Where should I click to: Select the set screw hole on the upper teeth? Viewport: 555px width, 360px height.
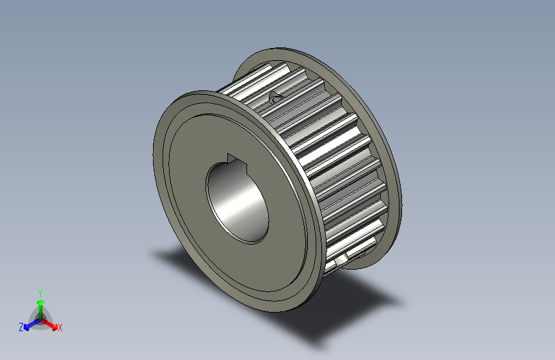click(276, 97)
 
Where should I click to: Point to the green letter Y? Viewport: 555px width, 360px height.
click(40, 291)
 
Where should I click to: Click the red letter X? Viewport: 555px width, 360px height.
click(60, 328)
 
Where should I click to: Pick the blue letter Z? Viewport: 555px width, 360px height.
click(21, 327)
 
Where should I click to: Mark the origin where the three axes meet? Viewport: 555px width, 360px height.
click(40, 318)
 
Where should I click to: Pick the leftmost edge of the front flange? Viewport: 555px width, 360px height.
click(154, 154)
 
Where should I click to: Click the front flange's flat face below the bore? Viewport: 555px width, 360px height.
click(256, 269)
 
